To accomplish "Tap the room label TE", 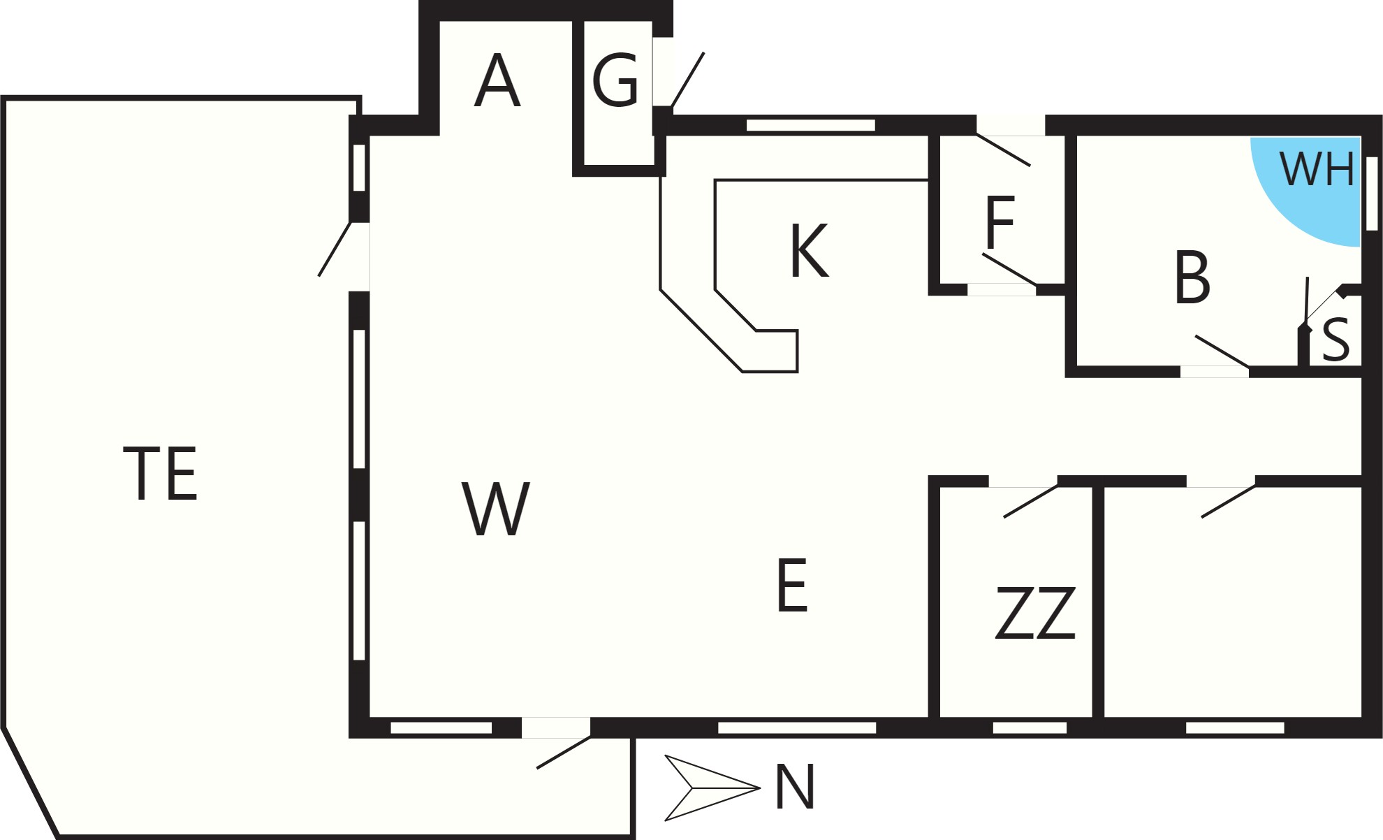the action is point(161,474).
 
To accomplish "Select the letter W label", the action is point(496,509).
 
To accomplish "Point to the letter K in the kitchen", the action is point(810,250).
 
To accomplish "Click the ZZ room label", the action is point(1035,614).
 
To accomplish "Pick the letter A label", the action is point(497,81).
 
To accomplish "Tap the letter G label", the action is point(615,81).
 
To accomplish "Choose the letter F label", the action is point(1000,222).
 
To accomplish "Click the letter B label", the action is point(1192,277).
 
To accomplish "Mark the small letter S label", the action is point(1336,339).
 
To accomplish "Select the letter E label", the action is point(792,586).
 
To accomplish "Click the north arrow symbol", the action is point(712,788).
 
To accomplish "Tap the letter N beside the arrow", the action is point(796,788).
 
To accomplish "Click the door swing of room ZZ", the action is point(1030,501).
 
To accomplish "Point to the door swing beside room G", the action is point(687,80).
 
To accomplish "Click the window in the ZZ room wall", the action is point(1030,728).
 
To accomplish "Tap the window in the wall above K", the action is point(811,125).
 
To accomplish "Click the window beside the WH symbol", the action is point(1372,194).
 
